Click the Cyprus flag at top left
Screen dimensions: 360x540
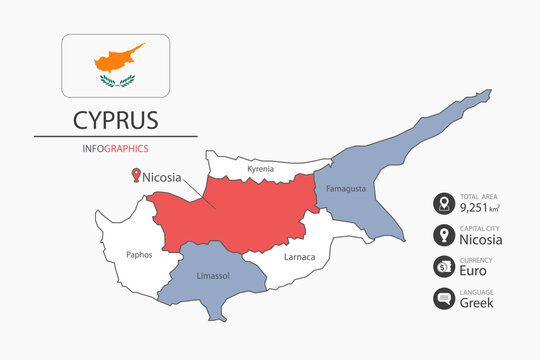click(115, 66)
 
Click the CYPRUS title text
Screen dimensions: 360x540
click(115, 121)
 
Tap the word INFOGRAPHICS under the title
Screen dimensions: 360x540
click(115, 148)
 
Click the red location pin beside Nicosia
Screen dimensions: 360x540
click(135, 176)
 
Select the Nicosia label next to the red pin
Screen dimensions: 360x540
click(162, 177)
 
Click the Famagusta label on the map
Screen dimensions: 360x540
click(346, 188)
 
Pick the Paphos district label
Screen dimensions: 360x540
click(140, 254)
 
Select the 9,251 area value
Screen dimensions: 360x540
click(478, 209)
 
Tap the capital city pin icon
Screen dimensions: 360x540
click(442, 236)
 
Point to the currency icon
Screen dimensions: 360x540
click(442, 267)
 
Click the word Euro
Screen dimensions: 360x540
click(473, 271)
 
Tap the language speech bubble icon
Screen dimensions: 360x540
click(442, 298)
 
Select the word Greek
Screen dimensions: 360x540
click(476, 302)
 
